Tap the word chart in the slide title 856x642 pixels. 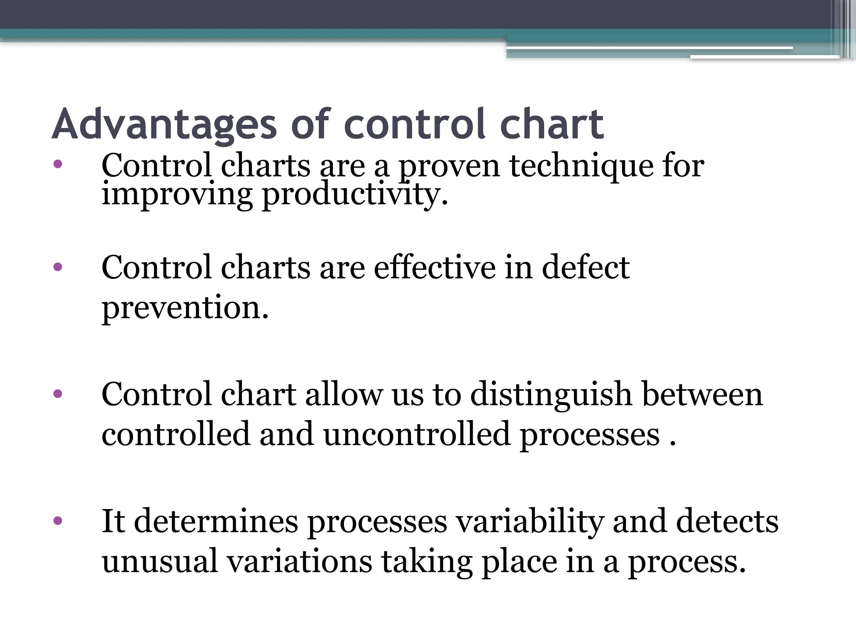coord(551,124)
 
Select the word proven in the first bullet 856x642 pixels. coord(449,166)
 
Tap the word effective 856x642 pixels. coord(434,267)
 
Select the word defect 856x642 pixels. coord(586,267)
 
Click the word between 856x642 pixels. coord(702,395)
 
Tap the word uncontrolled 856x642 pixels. coord(416,435)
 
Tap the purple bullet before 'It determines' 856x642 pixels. coord(58,521)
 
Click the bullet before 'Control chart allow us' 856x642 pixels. coord(58,394)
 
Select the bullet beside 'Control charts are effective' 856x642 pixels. coord(58,267)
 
